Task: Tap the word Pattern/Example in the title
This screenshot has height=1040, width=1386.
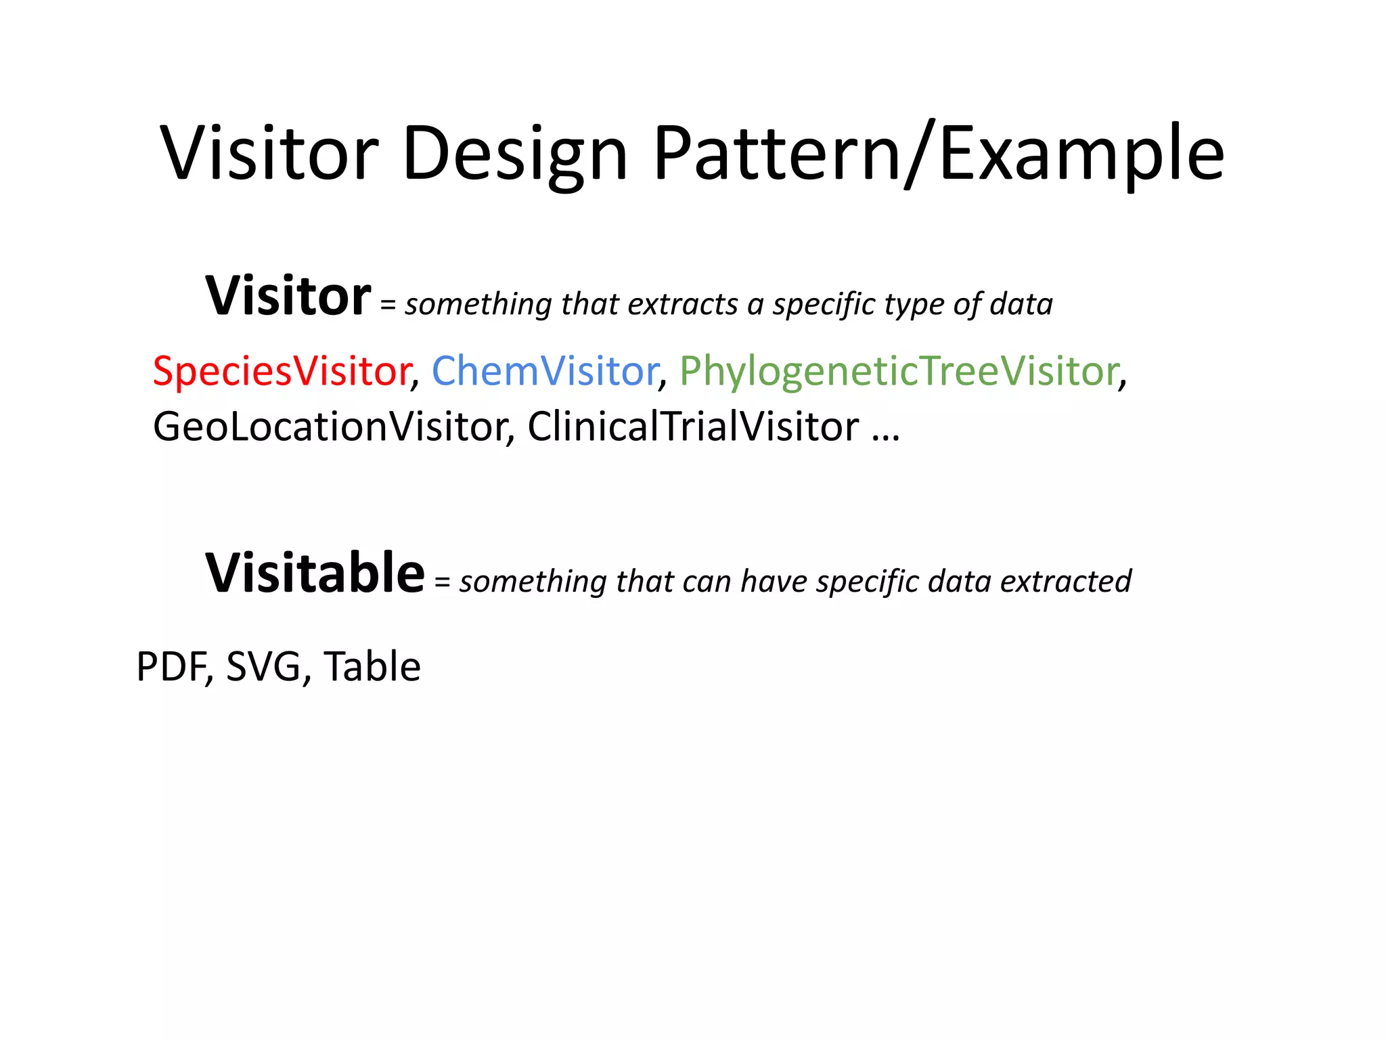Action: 938,154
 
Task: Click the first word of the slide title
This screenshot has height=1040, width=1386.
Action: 269,154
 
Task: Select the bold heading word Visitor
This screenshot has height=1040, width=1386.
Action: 288,297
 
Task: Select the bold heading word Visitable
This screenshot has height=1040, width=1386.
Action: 315,573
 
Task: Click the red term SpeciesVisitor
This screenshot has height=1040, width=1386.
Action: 282,371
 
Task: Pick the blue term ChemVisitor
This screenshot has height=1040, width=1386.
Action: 545,371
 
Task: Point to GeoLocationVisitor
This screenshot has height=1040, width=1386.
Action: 331,427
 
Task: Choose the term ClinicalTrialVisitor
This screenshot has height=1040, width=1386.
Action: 693,427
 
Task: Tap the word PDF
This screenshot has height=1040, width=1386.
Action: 173,666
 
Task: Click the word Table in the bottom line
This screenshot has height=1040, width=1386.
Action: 372,666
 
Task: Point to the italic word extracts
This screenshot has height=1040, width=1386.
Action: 683,305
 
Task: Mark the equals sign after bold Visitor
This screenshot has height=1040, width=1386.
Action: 387,306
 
